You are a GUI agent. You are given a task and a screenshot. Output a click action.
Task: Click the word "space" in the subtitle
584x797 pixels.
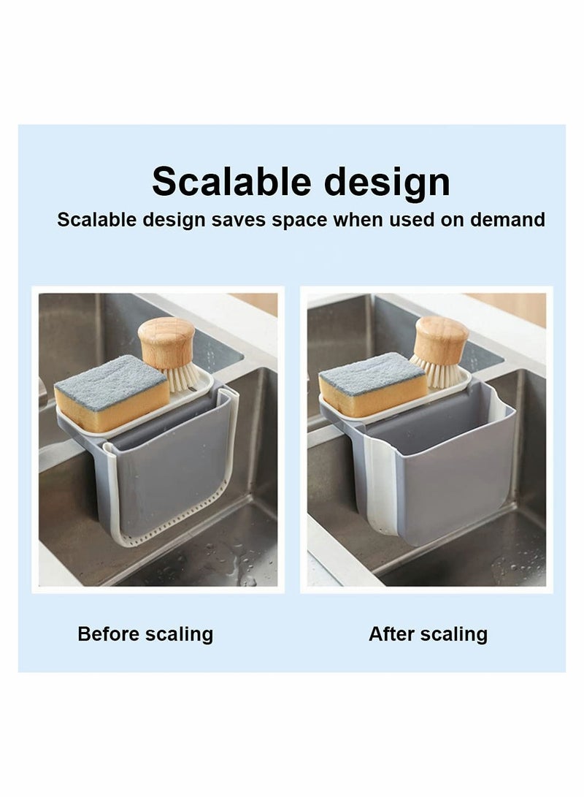(x=299, y=220)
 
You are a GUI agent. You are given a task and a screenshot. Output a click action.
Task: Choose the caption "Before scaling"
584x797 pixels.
(x=145, y=633)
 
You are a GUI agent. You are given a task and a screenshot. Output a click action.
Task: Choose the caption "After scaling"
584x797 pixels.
(x=428, y=633)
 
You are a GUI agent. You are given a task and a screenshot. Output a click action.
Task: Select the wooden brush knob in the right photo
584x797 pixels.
(x=441, y=338)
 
